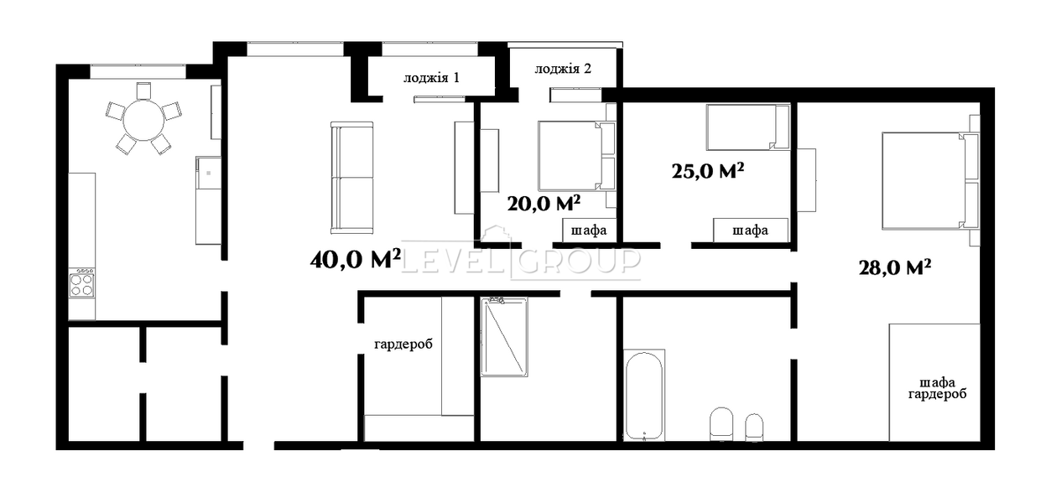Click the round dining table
(x=143, y=120)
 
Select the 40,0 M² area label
(x=356, y=258)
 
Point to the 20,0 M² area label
(x=544, y=203)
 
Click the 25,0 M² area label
(x=708, y=171)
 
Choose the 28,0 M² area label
(x=894, y=267)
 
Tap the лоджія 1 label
(x=431, y=78)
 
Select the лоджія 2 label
(x=563, y=69)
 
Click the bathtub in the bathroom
(x=643, y=395)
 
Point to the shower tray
(x=504, y=337)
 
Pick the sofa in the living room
(x=351, y=178)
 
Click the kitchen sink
(x=208, y=173)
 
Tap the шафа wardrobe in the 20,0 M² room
(x=589, y=231)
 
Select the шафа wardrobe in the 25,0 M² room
(x=751, y=231)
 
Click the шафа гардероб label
(x=937, y=388)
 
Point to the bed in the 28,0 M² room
(x=931, y=181)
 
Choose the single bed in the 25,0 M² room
(x=747, y=127)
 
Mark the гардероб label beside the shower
(x=403, y=345)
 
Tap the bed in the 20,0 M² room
(x=576, y=156)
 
